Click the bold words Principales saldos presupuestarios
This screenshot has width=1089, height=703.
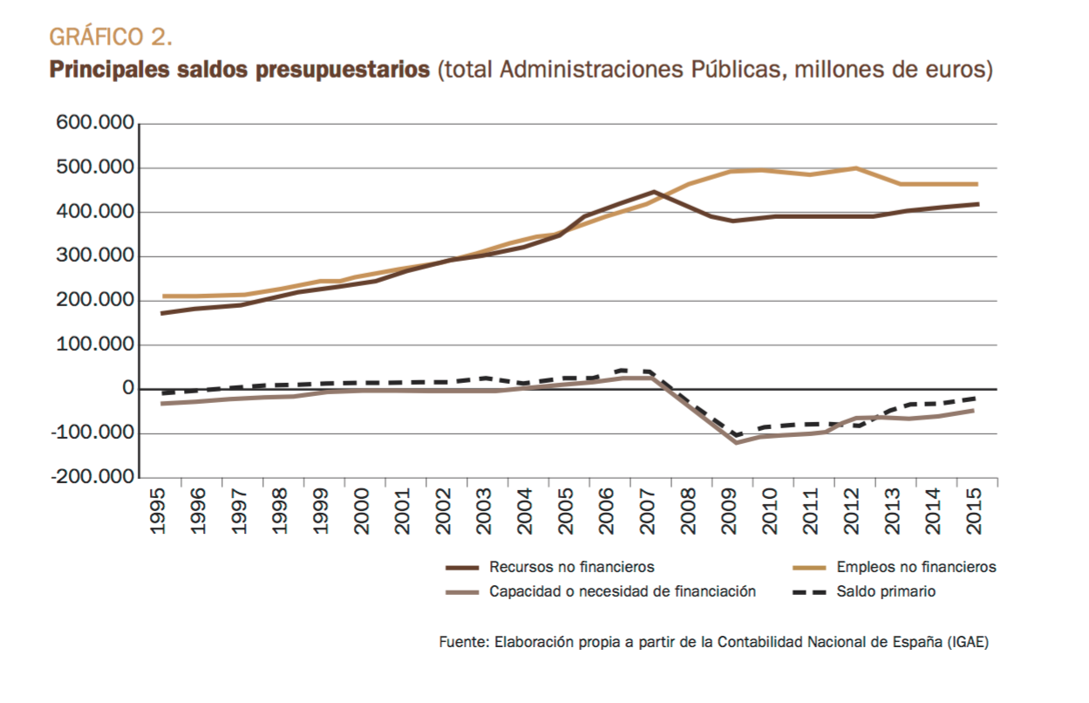240,70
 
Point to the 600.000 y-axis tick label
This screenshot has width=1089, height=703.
94,123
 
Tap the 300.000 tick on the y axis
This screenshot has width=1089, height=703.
94,256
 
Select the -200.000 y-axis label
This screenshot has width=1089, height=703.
91,478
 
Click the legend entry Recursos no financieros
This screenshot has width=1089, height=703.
571,567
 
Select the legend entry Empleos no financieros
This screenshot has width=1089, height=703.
915,567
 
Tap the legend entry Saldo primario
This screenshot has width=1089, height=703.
885,591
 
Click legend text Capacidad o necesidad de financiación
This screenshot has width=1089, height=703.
622,591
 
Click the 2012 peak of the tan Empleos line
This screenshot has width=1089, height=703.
854,168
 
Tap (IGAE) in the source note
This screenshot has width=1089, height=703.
968,642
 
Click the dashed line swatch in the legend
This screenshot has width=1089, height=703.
809,591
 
